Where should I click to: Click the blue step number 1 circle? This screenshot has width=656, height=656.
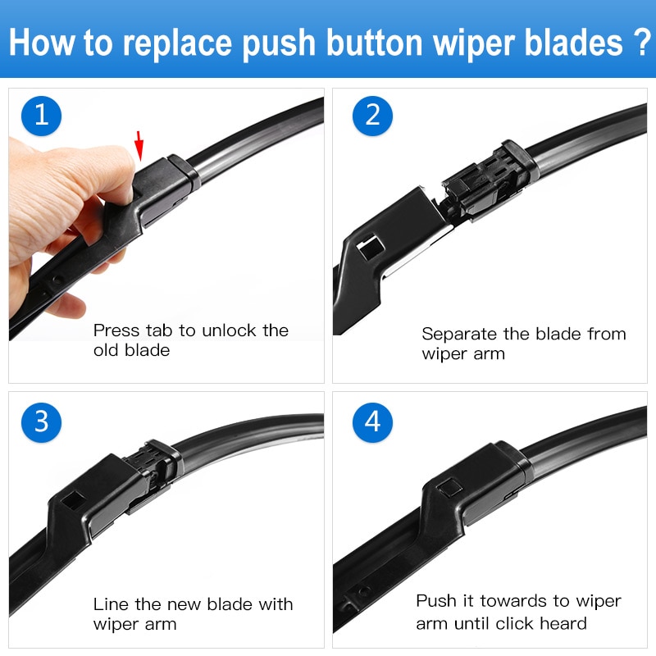pos(42,115)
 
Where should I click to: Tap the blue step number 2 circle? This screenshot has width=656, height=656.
pos(373,115)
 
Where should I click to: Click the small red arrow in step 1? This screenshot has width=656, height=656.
pos(140,146)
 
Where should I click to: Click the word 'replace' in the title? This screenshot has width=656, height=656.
pos(184,43)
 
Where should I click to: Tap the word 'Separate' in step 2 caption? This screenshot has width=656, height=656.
pos(459,334)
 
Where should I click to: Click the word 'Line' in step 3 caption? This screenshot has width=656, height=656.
pos(110,604)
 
